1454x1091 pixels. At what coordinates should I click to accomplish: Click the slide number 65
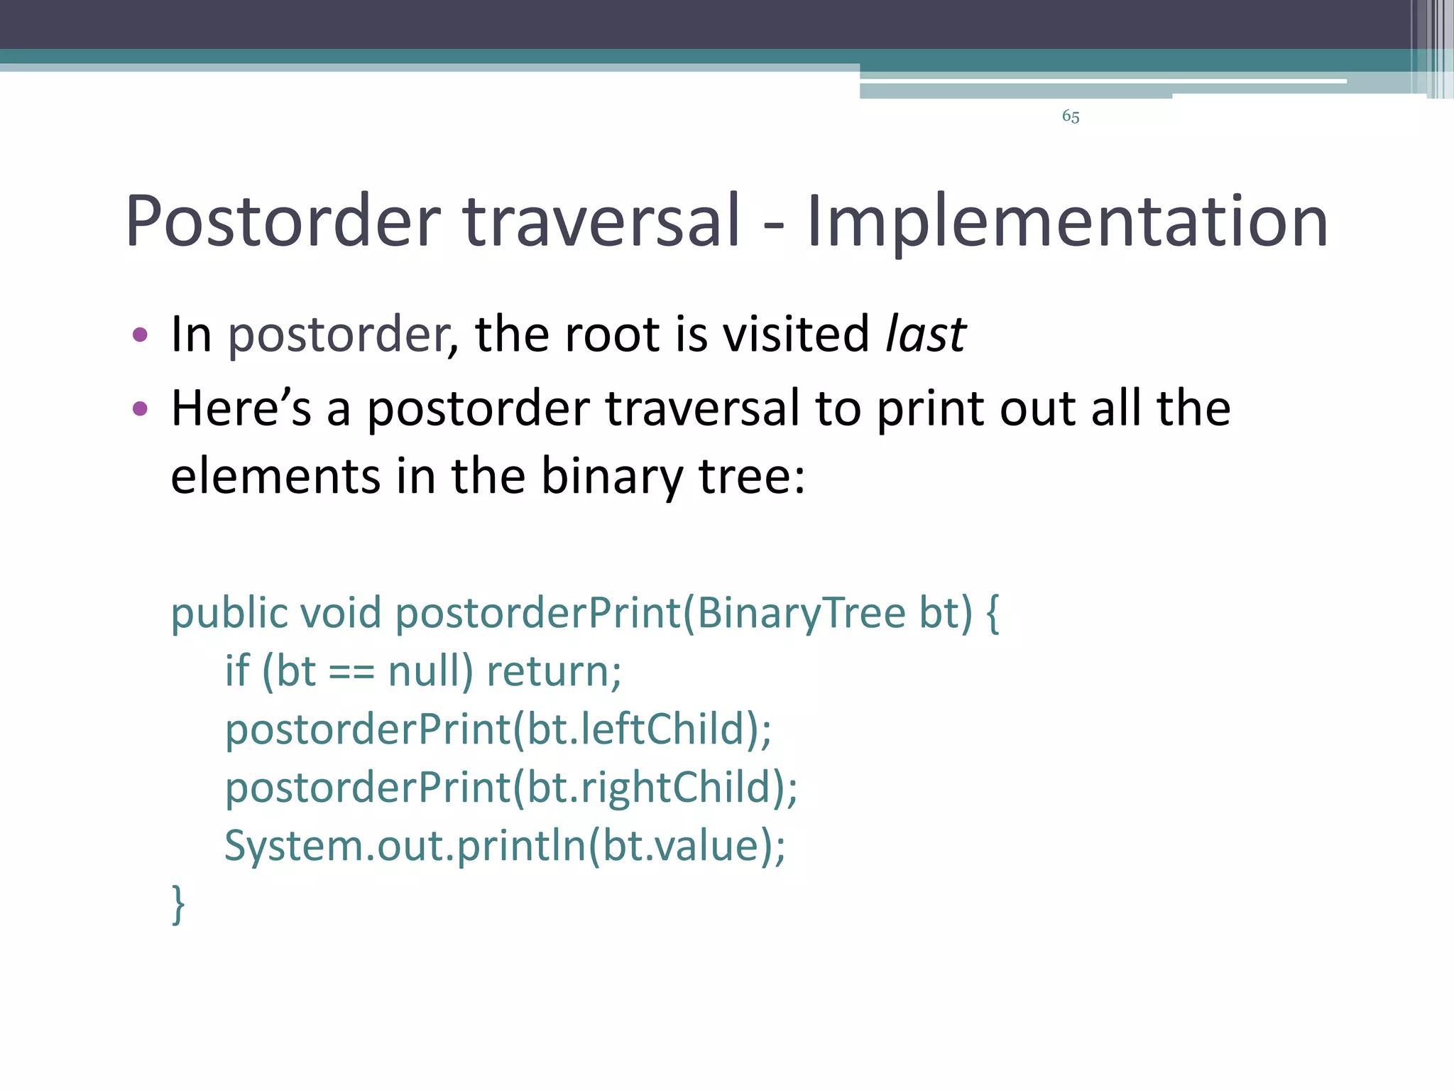click(x=1071, y=116)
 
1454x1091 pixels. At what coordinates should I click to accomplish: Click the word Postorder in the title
click(x=283, y=222)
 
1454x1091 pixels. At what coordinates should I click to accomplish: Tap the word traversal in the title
click(x=602, y=222)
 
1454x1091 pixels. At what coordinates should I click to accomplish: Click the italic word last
click(x=926, y=334)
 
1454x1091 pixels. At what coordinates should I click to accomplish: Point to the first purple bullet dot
click(x=140, y=335)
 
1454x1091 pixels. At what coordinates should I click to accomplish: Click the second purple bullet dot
click(x=140, y=408)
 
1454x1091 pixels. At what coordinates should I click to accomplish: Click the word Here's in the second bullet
click(x=241, y=408)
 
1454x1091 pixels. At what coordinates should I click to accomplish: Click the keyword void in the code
click(x=340, y=612)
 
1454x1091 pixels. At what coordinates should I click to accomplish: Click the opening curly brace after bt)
click(x=993, y=614)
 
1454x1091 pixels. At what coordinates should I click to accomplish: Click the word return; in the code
click(x=554, y=672)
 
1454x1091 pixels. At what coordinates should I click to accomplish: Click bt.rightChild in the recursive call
click(x=649, y=788)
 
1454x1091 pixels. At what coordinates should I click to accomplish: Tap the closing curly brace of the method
click(x=178, y=903)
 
